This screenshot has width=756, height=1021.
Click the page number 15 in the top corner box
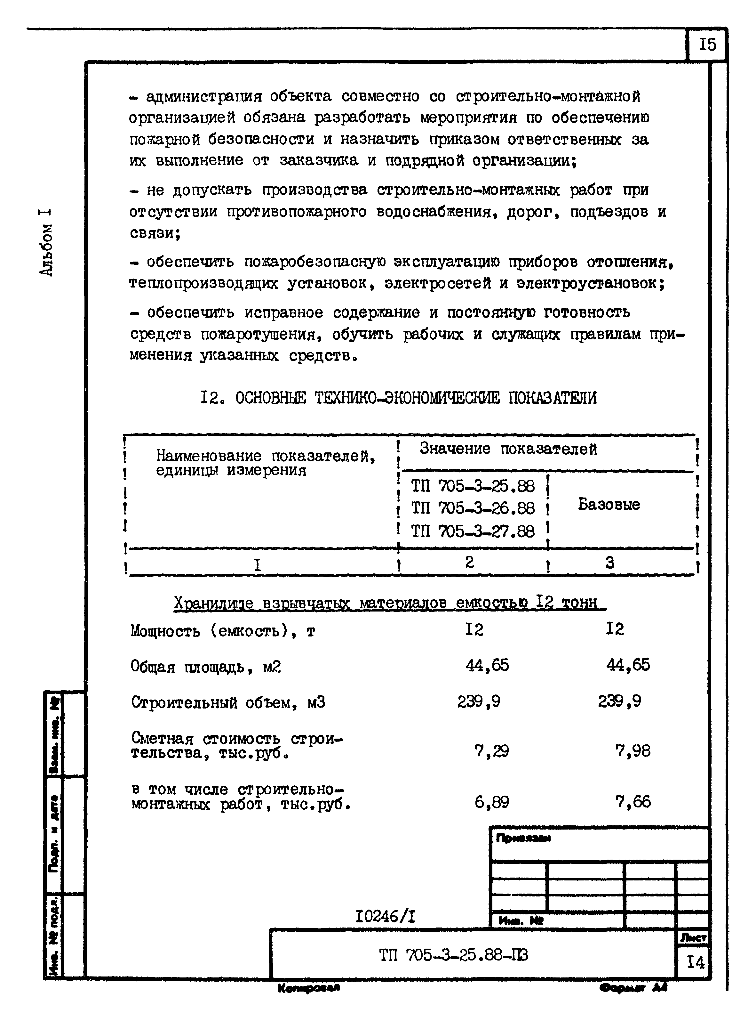point(707,45)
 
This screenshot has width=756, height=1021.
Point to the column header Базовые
point(609,505)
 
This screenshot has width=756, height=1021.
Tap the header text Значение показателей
point(508,449)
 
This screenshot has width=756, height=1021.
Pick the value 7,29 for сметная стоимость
point(491,751)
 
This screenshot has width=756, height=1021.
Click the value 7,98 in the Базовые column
point(633,751)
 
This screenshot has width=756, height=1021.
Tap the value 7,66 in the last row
point(633,802)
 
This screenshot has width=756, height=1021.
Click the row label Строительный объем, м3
point(228,702)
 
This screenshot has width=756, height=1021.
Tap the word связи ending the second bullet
point(154,233)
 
